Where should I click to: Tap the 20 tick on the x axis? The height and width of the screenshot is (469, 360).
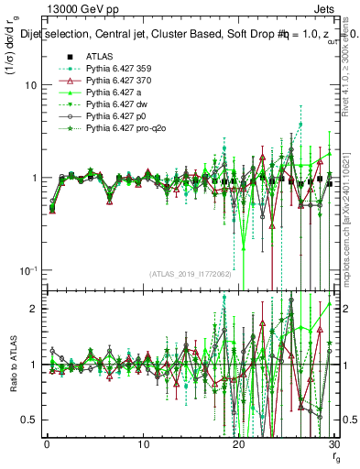coord(238,444)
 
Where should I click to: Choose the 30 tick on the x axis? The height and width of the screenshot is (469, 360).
coord(333,444)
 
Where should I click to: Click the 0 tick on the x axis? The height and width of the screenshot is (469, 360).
coord(48,444)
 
